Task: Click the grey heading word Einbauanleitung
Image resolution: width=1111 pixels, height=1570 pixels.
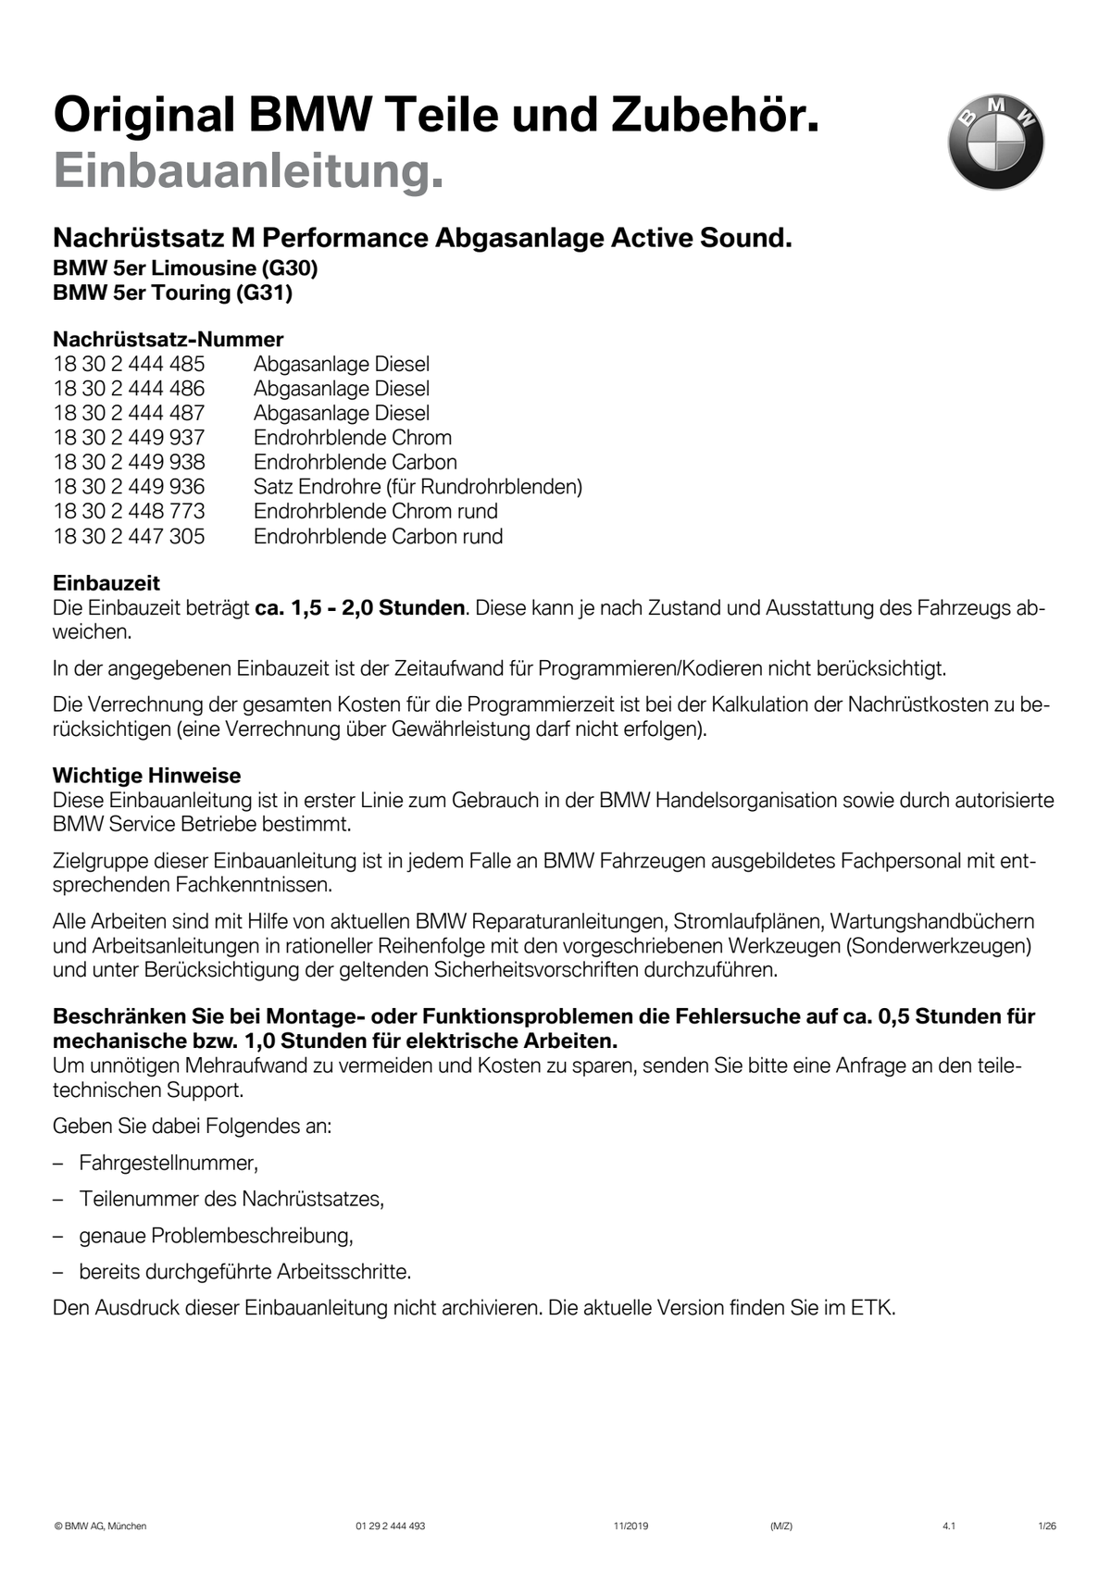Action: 248,171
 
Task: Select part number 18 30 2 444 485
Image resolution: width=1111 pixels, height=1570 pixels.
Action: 129,364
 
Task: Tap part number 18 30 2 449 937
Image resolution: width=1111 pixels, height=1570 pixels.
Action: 129,437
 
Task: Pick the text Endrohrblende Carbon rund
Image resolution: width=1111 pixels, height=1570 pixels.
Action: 378,536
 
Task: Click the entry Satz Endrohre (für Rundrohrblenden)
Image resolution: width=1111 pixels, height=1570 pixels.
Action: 418,486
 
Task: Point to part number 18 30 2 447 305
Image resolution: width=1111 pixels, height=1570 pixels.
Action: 129,536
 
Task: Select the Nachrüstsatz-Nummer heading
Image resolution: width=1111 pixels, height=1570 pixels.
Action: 168,339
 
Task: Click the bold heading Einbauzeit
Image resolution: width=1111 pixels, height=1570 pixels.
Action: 106,583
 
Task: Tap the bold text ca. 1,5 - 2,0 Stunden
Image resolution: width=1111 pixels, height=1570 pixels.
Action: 359,608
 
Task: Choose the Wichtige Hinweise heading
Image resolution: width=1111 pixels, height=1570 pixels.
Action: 146,776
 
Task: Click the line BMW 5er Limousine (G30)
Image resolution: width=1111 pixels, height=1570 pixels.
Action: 185,268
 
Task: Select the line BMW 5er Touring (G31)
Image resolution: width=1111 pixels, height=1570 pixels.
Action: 172,293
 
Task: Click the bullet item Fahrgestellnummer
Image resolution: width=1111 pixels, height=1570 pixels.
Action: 168,1163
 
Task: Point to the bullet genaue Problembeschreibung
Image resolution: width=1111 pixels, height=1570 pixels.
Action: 216,1235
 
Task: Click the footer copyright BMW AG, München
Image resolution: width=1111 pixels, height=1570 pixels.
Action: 100,1526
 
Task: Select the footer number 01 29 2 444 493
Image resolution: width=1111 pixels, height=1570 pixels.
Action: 390,1526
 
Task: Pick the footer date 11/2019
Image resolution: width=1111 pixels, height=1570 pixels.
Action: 630,1526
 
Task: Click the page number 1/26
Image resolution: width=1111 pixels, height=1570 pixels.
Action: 1047,1526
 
